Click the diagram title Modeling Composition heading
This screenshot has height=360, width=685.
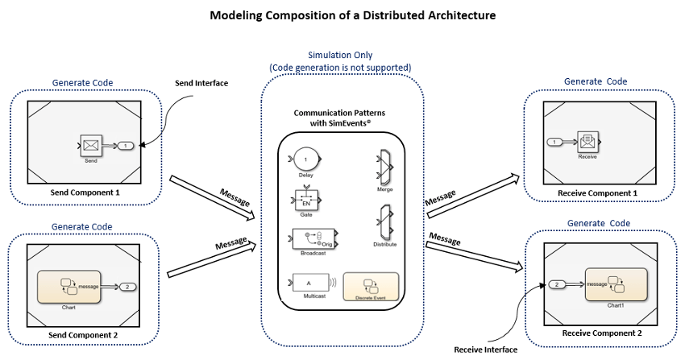click(x=342, y=15)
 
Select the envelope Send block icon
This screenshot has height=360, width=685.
click(x=90, y=146)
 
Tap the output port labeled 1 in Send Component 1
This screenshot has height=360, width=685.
click(x=126, y=146)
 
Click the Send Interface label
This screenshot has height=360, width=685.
click(x=202, y=84)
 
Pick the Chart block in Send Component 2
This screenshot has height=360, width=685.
click(x=68, y=286)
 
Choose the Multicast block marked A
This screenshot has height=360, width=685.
click(x=307, y=283)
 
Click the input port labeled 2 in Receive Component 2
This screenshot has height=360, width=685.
click(x=558, y=284)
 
